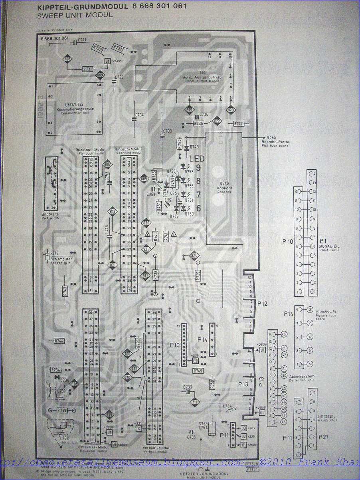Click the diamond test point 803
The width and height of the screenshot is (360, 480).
click(x=68, y=59)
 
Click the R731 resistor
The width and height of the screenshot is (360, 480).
click(x=88, y=69)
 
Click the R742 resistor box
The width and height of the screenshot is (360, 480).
click(x=238, y=124)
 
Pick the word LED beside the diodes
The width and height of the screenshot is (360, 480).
click(x=197, y=159)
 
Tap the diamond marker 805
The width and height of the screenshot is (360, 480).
click(x=144, y=179)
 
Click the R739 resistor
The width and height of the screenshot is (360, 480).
click(x=198, y=276)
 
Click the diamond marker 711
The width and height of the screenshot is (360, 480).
click(x=194, y=401)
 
